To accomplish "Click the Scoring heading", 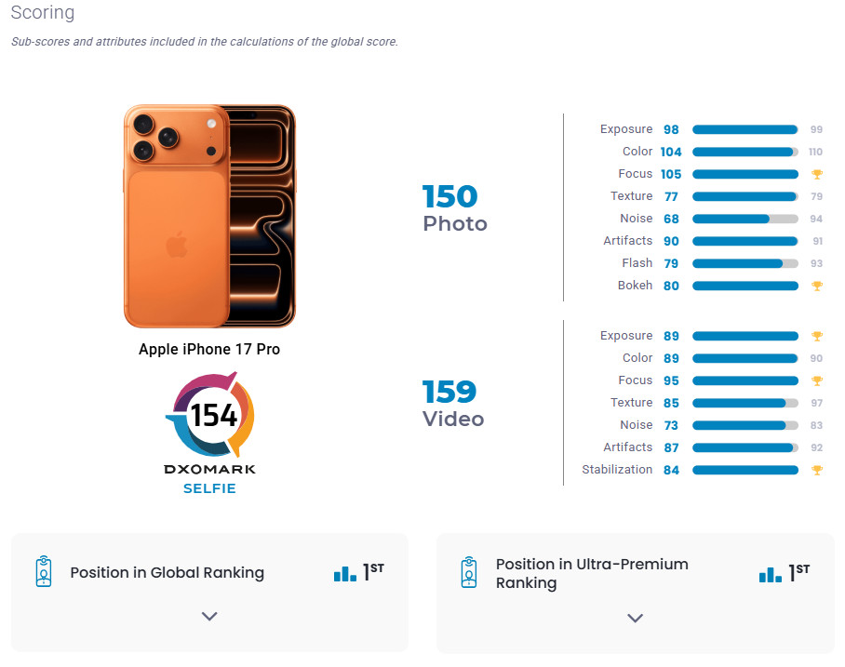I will coord(43,14).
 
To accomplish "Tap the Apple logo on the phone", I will coord(176,246).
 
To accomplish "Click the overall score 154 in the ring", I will coord(214,415).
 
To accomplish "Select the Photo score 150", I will coord(449,196).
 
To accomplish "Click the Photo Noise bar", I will coord(744,219).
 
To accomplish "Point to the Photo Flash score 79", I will coord(671,263).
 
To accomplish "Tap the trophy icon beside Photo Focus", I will coord(817,174).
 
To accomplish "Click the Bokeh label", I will coord(635,286).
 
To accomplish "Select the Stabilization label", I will coord(617,470).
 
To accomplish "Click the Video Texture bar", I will coord(744,403).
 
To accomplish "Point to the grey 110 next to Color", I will coord(816,152).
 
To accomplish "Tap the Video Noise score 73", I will coord(671,425).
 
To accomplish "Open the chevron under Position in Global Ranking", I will coord(209,616).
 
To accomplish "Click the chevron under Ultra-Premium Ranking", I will coord(635,618).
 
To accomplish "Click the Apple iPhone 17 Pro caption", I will coord(209,350).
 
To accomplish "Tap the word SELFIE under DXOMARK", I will coord(209,488).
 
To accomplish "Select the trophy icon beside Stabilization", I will coord(817,470).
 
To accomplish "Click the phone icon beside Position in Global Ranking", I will coord(43,572).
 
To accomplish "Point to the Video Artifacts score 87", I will coord(671,447).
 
